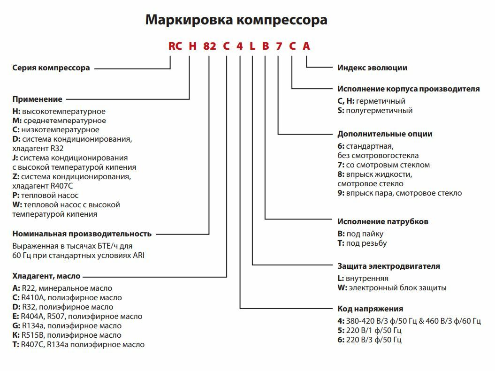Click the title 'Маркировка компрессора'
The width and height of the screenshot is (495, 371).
[236, 20]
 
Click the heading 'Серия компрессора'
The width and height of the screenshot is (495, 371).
[51, 68]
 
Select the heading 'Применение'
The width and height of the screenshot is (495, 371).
[37, 99]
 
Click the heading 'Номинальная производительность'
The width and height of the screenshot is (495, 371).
[82, 234]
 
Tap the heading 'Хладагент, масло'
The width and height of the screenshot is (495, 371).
[46, 276]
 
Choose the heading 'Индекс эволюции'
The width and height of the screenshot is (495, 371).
[373, 68]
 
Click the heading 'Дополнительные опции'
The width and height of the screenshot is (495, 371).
[385, 134]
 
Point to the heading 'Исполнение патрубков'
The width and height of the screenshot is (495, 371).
[383, 221]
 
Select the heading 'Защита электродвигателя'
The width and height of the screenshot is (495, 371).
[388, 266]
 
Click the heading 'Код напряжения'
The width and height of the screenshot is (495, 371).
[370, 309]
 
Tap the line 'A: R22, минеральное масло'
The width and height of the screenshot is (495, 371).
[62, 288]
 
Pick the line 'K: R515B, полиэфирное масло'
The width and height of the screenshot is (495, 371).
[67, 335]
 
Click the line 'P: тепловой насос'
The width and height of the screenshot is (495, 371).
[46, 195]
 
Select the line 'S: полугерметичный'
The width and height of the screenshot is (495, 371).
[375, 111]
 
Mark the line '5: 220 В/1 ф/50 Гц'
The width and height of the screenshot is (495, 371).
[369, 331]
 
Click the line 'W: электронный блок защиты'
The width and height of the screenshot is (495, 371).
[392, 288]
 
